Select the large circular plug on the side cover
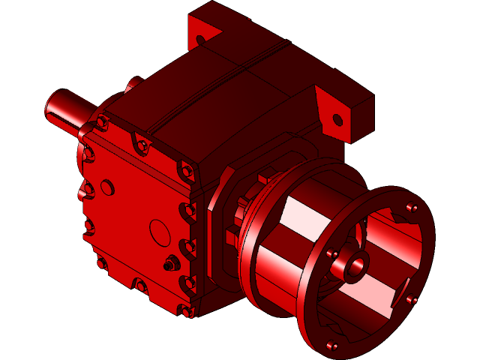(160, 232)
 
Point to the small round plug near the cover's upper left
(107, 185)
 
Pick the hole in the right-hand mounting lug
(337, 119)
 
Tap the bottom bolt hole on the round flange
(331, 346)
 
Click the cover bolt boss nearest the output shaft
(100, 123)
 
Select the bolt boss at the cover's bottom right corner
(184, 309)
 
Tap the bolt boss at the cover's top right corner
(184, 171)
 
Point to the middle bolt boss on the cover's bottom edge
(139, 285)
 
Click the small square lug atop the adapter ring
(263, 178)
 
